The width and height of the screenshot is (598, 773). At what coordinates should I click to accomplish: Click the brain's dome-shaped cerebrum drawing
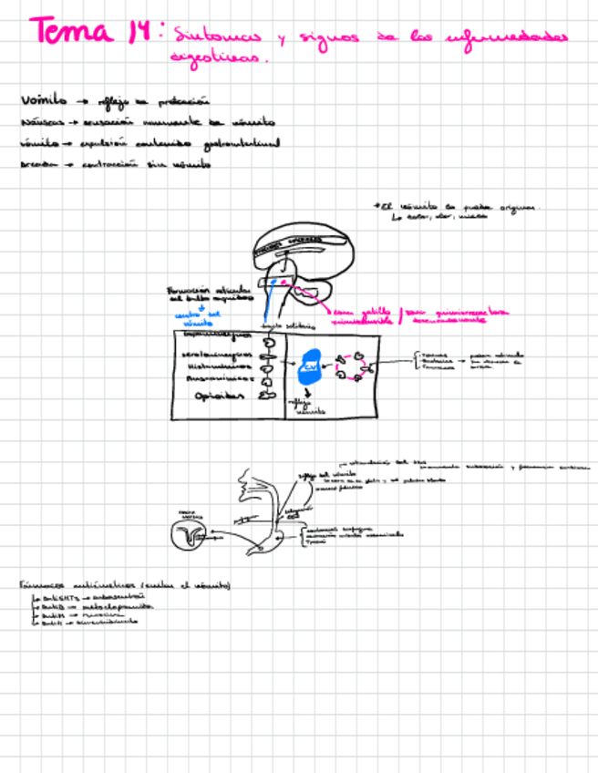(x=302, y=242)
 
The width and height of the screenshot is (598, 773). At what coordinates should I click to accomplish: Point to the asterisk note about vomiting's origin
(x=456, y=211)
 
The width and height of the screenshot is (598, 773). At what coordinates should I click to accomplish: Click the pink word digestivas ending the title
(x=220, y=57)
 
